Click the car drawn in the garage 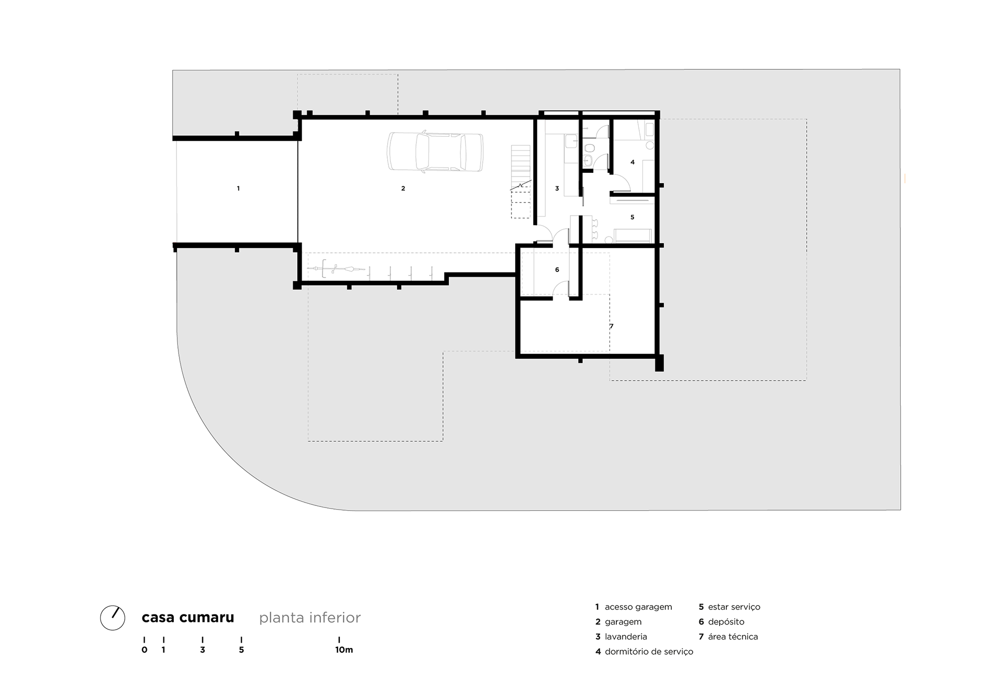click(435, 152)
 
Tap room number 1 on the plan click(238, 188)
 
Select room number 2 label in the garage click(403, 188)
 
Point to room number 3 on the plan click(557, 188)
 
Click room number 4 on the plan click(633, 162)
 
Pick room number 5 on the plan click(633, 217)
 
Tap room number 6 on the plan click(557, 270)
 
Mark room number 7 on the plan click(612, 326)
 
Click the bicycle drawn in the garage click(337, 269)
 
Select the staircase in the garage click(520, 181)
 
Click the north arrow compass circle click(113, 618)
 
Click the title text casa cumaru click(188, 618)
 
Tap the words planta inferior click(310, 618)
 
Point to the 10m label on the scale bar click(344, 650)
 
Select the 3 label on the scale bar click(202, 650)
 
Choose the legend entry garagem click(623, 622)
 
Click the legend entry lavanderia click(626, 637)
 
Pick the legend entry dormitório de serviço click(649, 652)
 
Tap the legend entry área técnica click(733, 637)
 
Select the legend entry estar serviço click(734, 607)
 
